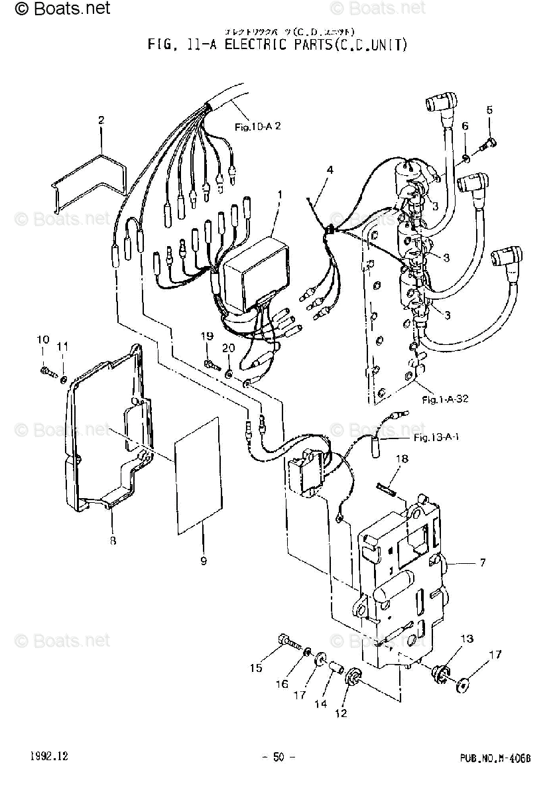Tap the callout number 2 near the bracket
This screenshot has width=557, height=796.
coord(101,120)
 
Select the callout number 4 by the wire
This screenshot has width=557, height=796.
coord(329,170)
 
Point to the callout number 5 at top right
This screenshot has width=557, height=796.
coord(490,110)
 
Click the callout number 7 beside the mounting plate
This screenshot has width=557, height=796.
coord(483,563)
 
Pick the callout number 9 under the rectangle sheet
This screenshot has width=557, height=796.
coord(204,561)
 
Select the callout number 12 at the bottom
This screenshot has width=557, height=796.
coord(342,714)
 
